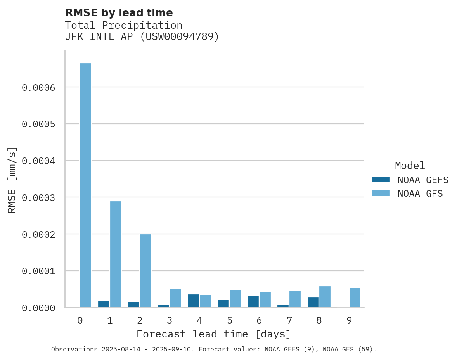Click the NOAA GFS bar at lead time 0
pyautogui.click(x=85, y=185)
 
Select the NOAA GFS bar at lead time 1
pyautogui.click(x=116, y=254)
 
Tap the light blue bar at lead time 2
pyautogui.click(x=145, y=271)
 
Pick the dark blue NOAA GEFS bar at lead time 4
pyautogui.click(x=193, y=301)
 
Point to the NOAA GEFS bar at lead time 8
pyautogui.click(x=313, y=302)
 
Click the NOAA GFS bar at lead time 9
pyautogui.click(x=355, y=298)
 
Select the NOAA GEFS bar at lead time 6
pyautogui.click(x=253, y=302)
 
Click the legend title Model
pyautogui.click(x=410, y=166)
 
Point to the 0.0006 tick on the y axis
pyautogui.click(x=38, y=88)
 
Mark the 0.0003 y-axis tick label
pyautogui.click(x=38, y=198)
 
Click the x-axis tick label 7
pyautogui.click(x=289, y=320)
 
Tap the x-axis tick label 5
pyautogui.click(x=229, y=320)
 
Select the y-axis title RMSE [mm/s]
pyautogui.click(x=12, y=180)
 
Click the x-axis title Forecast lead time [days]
pyautogui.click(x=214, y=334)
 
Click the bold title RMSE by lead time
pyautogui.click(x=119, y=13)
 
